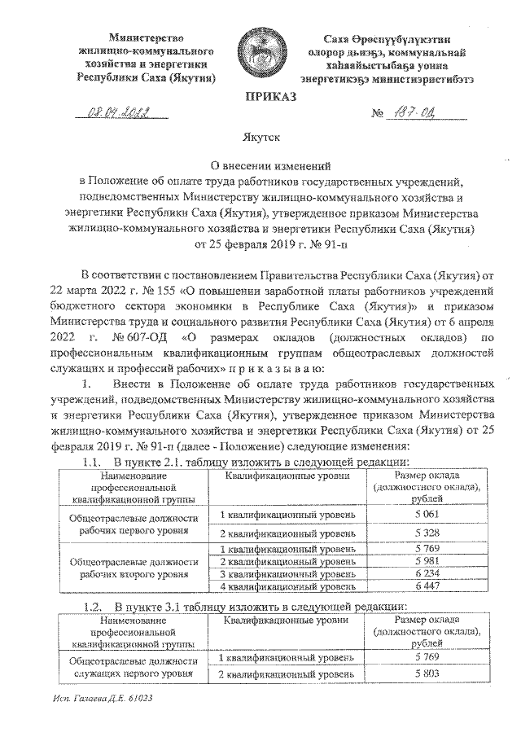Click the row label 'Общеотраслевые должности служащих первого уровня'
[134, 665]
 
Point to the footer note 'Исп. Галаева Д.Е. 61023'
[100, 699]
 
